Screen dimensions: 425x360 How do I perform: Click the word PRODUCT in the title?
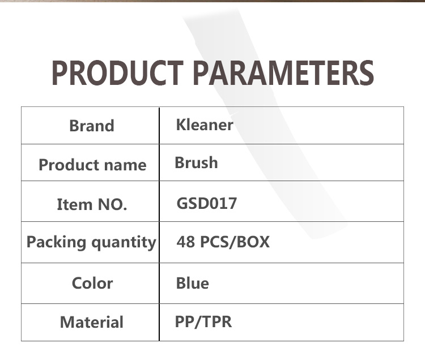point(117,73)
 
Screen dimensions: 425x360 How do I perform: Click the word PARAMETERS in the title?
point(284,73)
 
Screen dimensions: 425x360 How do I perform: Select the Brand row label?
point(92,126)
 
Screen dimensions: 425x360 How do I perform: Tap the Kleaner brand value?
point(205,125)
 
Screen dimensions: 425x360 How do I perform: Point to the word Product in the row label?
point(69,165)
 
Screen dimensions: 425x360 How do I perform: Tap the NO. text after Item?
point(112,204)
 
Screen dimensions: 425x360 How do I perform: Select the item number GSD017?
point(206,203)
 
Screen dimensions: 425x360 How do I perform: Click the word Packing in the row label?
point(56,242)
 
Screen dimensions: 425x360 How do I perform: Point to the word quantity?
point(124,242)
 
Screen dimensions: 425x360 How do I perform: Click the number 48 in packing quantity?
point(186,242)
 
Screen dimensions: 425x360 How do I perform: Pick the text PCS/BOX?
point(235,242)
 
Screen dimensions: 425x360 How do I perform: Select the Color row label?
point(92,284)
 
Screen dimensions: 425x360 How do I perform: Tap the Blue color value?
point(193,283)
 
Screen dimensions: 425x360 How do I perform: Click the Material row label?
point(92,322)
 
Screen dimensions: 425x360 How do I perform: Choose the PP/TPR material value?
point(203,322)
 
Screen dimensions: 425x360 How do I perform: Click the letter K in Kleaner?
point(182,125)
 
